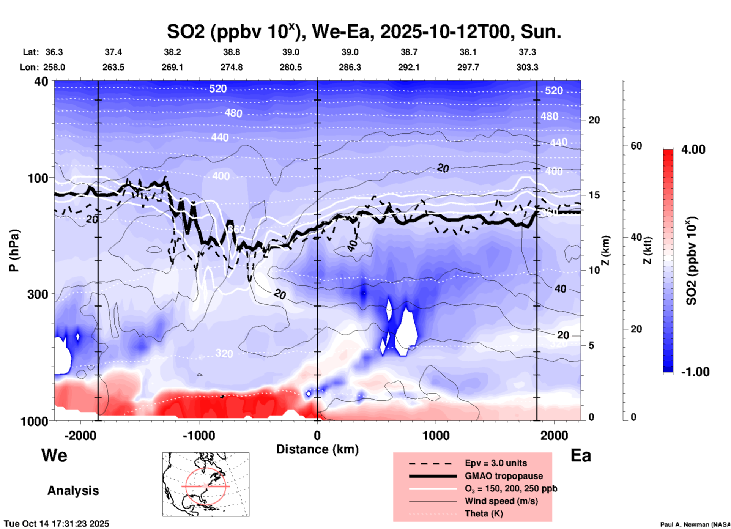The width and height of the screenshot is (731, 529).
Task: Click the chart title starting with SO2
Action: pos(364,32)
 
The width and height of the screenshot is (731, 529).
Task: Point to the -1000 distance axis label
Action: pos(198,435)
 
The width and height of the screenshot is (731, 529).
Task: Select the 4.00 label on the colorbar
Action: pos(693,150)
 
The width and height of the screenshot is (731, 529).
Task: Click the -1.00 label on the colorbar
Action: pos(695,372)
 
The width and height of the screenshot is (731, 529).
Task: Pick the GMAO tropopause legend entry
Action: pos(504,476)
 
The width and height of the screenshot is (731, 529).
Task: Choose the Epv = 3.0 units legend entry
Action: pos(496,463)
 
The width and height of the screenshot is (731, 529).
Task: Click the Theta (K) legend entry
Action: pos(484,513)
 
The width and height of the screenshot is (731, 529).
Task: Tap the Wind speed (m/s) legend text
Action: pos(501,501)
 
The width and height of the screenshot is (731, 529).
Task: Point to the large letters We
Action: pos(54,455)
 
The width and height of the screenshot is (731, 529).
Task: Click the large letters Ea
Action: pos(581,455)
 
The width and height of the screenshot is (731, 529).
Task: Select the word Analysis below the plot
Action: pos(73,491)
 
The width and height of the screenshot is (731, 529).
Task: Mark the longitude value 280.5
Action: pos(291,67)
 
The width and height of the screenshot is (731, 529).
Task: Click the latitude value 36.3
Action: pos(54,52)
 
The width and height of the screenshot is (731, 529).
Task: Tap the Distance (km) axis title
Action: pos(317,449)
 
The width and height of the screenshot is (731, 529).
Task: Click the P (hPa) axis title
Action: pos(14,250)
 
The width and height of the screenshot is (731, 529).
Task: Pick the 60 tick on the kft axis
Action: pos(636,146)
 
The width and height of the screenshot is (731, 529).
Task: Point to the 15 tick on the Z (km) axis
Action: pos(594,195)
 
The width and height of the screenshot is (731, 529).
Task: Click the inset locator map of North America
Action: pos(206,484)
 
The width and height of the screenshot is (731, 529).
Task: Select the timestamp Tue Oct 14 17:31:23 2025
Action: pos(57,524)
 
